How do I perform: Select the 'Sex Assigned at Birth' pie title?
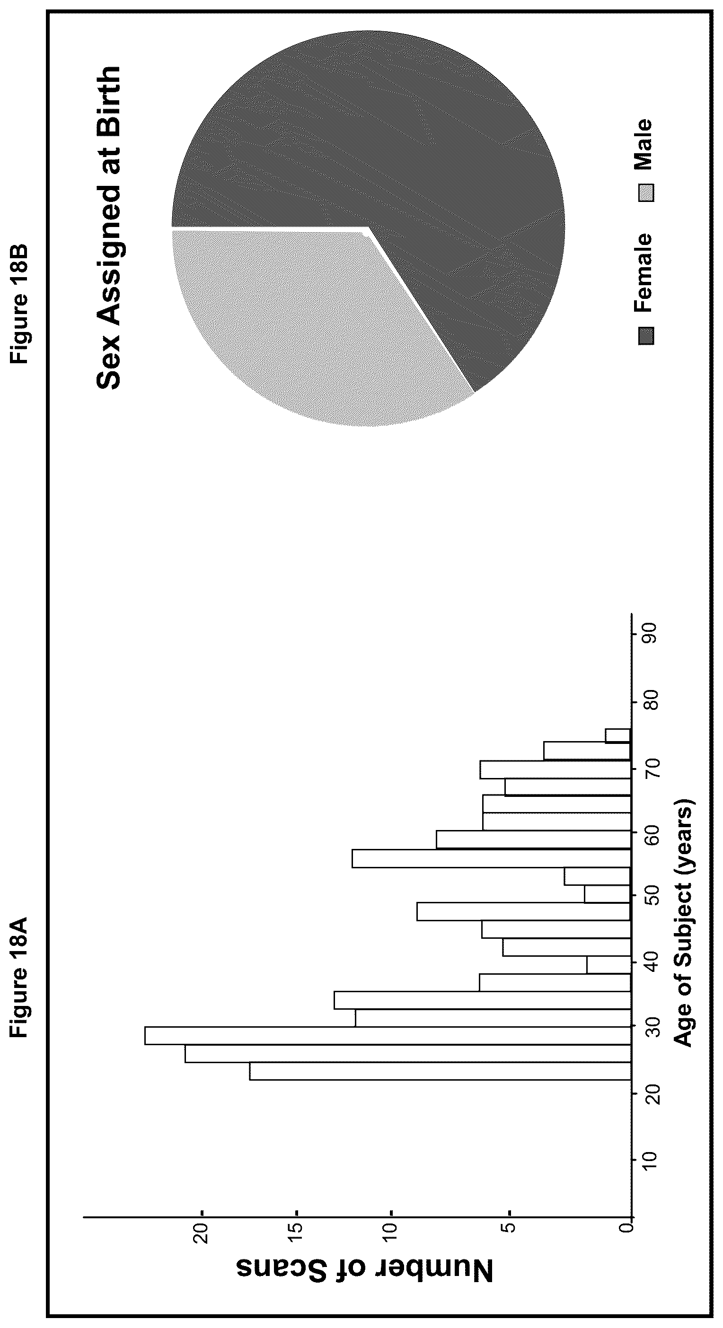(x=108, y=227)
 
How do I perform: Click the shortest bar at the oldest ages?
(x=618, y=736)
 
